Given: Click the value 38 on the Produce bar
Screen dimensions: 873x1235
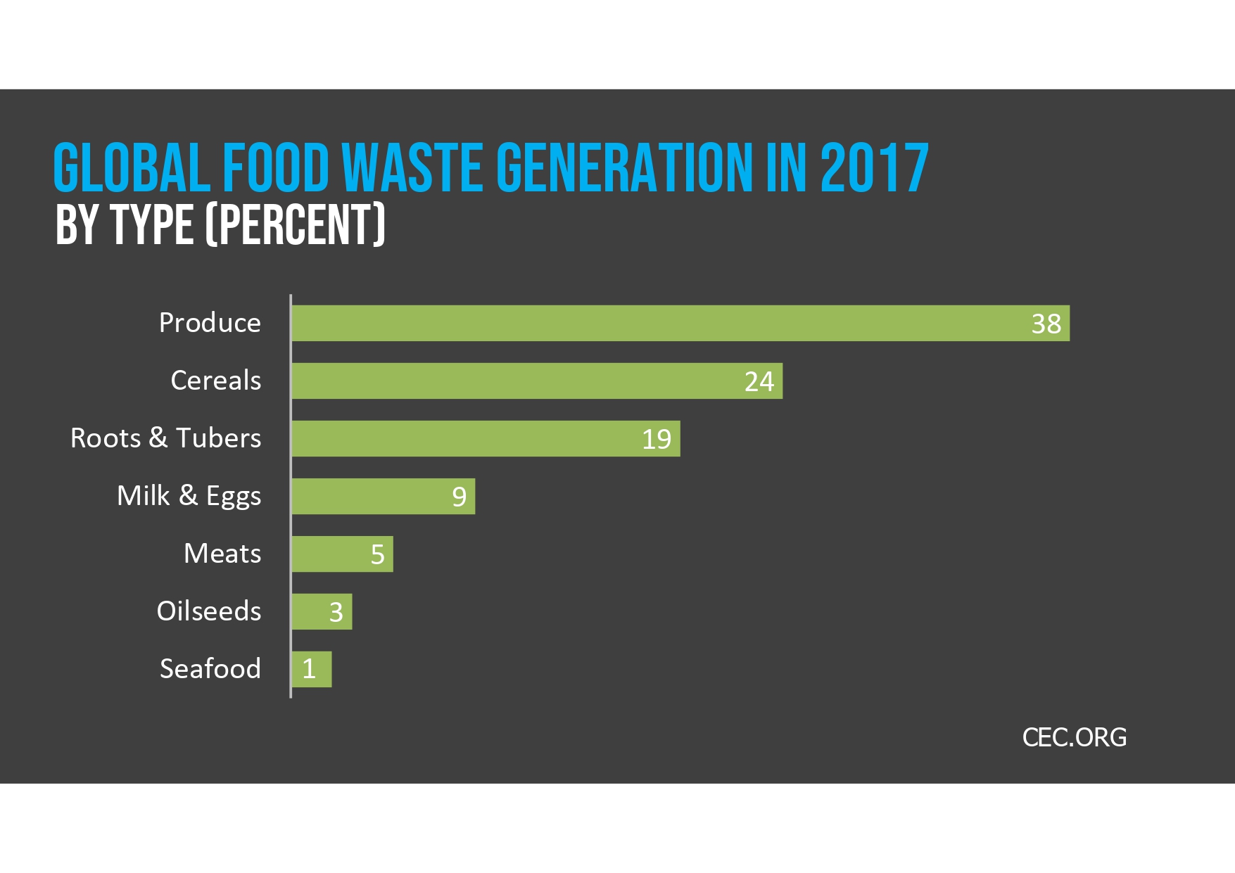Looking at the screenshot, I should click(1046, 324).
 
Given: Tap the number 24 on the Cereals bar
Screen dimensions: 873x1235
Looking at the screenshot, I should click(759, 381).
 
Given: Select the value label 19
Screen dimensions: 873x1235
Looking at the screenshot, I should click(657, 439).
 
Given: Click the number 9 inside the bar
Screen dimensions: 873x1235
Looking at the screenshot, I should click(459, 497).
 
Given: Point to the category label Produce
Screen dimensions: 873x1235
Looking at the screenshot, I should click(210, 323).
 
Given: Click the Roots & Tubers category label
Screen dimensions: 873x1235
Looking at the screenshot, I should click(165, 438).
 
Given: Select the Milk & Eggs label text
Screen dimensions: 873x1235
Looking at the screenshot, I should click(189, 496).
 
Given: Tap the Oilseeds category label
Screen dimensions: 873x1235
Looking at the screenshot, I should click(209, 611).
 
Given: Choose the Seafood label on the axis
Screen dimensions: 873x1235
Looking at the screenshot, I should click(210, 669).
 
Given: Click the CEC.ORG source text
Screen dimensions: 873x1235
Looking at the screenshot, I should click(1074, 737).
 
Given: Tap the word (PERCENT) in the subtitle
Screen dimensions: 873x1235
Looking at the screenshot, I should click(295, 225).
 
